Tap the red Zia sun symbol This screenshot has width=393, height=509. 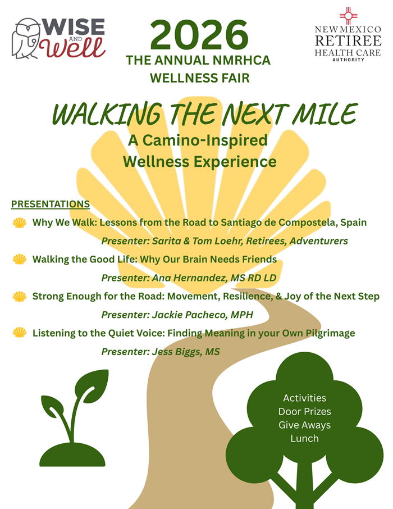(348, 15)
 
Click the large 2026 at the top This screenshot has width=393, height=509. (199, 35)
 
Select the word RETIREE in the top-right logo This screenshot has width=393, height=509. (348, 41)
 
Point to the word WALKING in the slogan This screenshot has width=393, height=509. (107, 113)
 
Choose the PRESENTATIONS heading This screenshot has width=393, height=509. (51, 204)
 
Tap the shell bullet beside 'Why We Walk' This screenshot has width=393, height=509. (20, 222)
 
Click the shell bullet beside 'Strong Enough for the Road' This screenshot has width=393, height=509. (20, 297)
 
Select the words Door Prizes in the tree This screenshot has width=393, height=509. (304, 412)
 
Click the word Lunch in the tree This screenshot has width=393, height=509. (304, 439)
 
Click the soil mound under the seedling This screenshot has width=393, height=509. (72, 455)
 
